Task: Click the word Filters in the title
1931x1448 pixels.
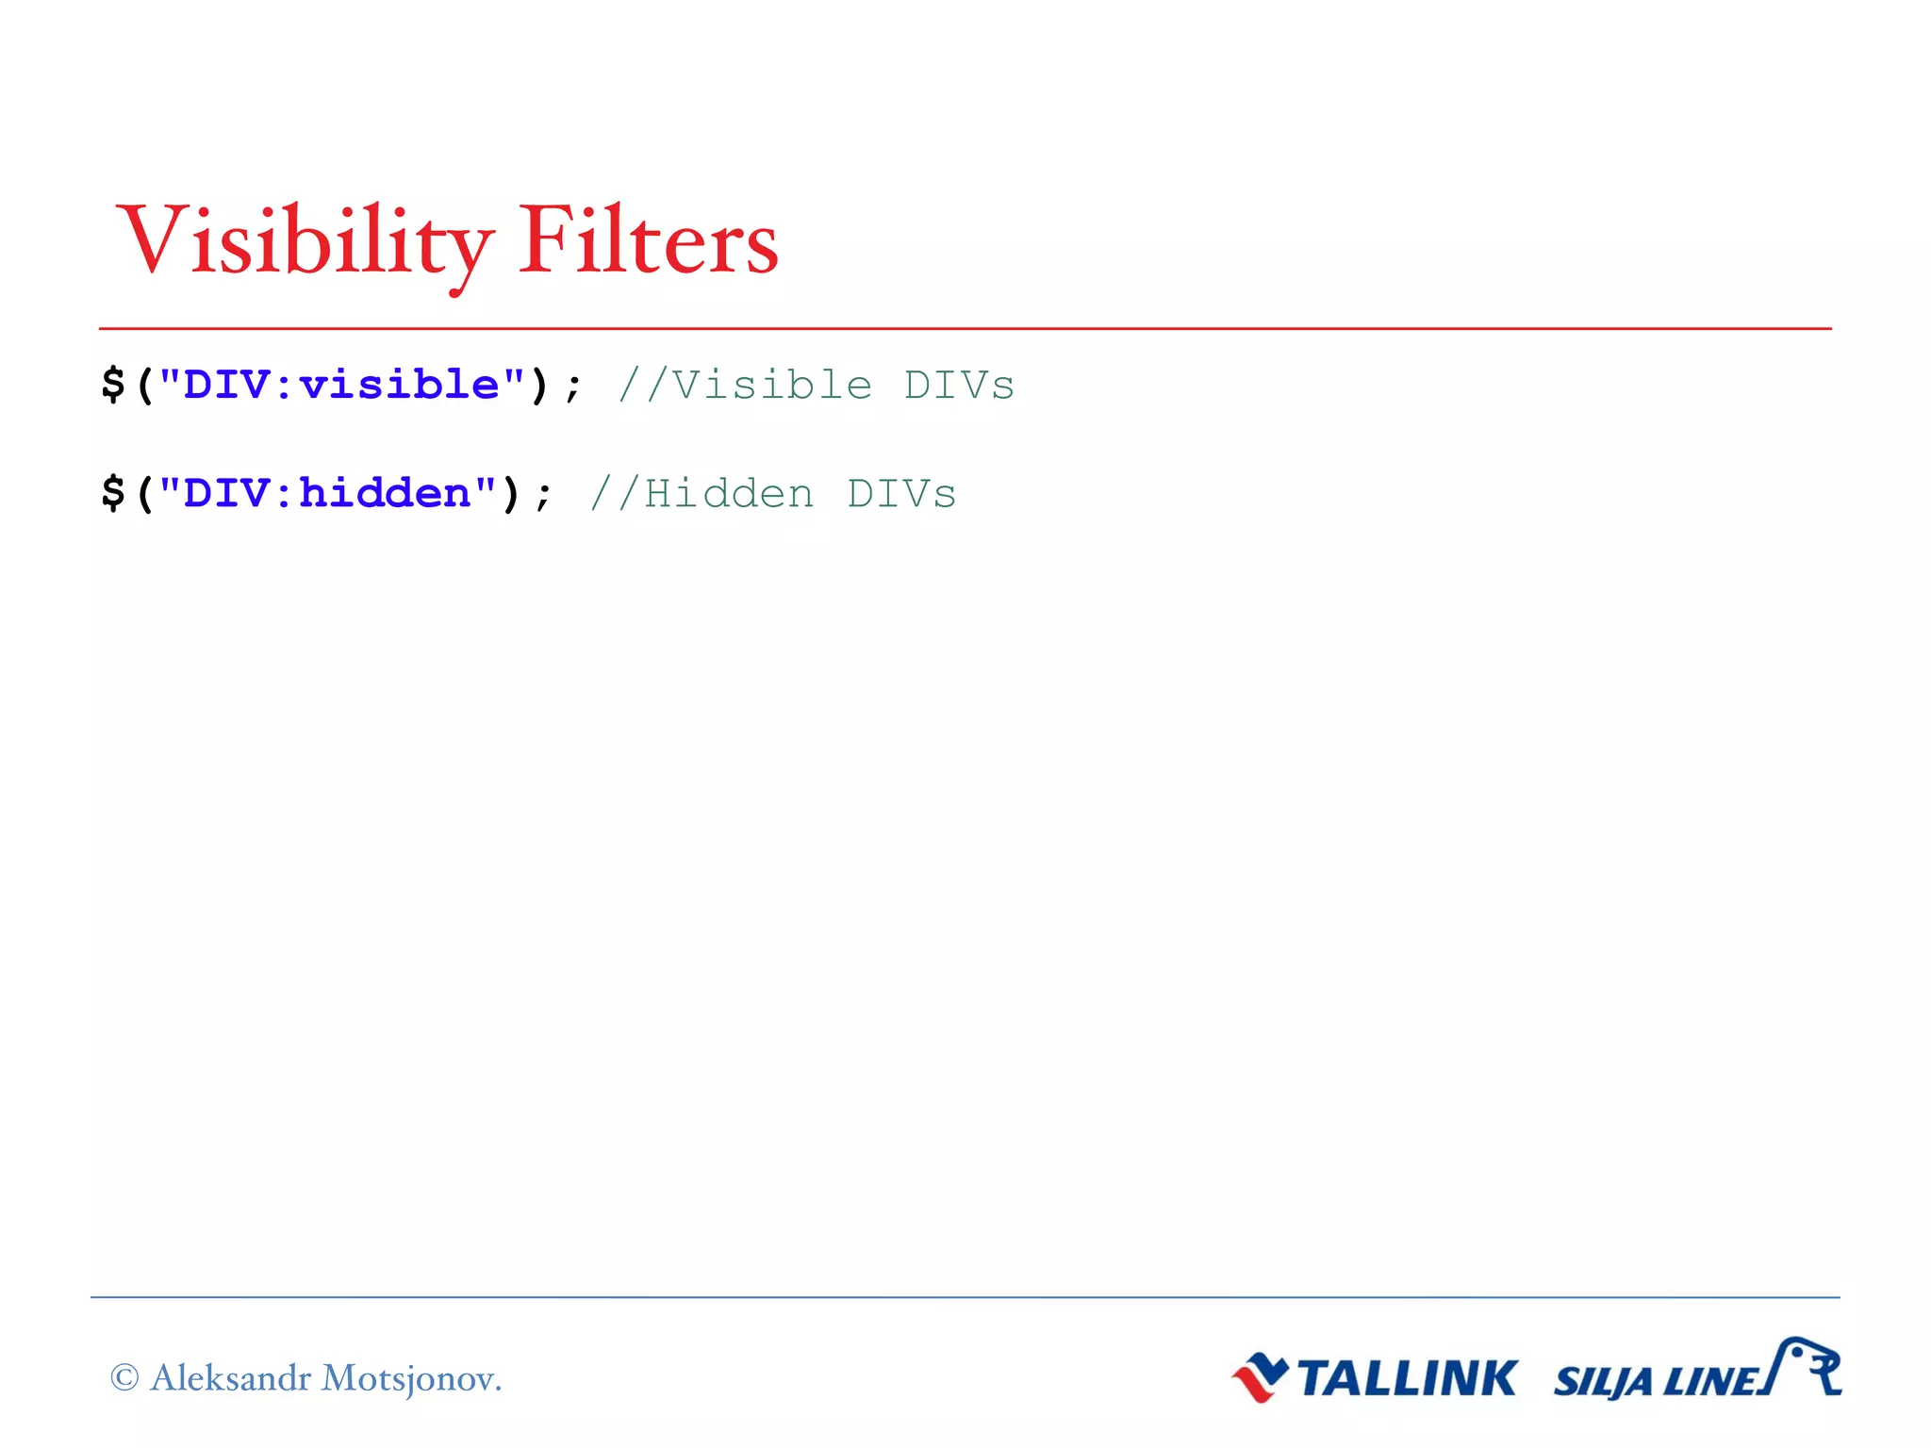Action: click(648, 241)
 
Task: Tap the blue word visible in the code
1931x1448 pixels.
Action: click(399, 385)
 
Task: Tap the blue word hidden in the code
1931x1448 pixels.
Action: click(385, 493)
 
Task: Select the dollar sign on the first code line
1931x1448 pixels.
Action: click(113, 385)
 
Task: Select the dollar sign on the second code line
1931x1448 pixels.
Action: click(113, 493)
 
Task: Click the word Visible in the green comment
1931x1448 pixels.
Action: click(771, 386)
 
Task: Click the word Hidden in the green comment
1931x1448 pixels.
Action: click(728, 494)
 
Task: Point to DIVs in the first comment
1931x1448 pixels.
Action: click(959, 386)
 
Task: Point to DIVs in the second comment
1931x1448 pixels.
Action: click(901, 494)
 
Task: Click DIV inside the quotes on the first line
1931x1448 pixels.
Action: click(225, 385)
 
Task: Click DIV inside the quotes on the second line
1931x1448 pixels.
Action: click(225, 493)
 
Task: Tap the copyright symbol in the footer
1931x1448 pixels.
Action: click(124, 1377)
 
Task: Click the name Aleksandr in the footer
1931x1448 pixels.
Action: click(231, 1377)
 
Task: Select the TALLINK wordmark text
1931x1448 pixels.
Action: click(1407, 1378)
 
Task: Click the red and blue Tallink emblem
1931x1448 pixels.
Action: click(1260, 1377)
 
